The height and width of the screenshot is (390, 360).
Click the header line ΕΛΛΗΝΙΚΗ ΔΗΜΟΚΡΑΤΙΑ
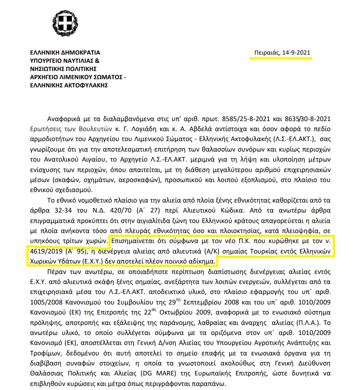click(x=65, y=53)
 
